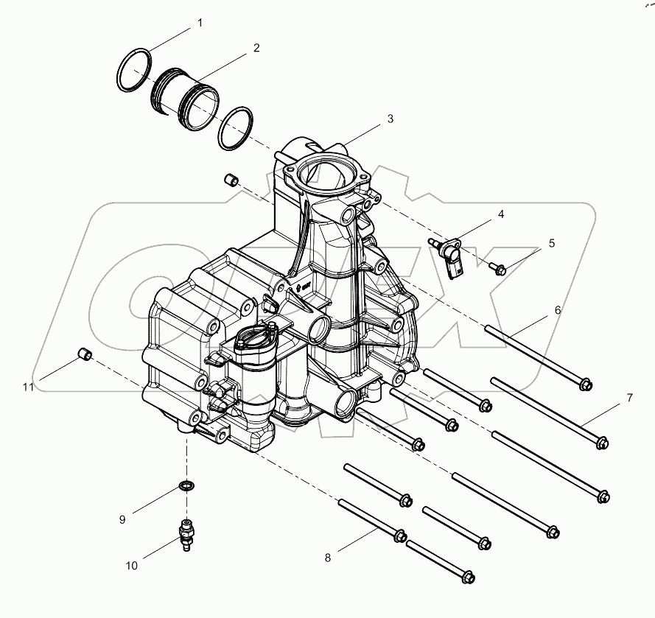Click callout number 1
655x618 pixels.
199,24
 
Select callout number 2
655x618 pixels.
256,48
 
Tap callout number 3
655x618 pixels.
390,118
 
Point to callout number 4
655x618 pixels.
500,214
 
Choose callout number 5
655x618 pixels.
550,242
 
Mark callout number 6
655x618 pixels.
557,310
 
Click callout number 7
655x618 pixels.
629,398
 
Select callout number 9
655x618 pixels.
123,519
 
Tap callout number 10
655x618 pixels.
132,566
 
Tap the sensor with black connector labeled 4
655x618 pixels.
451,256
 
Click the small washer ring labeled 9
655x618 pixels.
188,486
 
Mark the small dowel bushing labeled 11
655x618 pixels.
85,357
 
